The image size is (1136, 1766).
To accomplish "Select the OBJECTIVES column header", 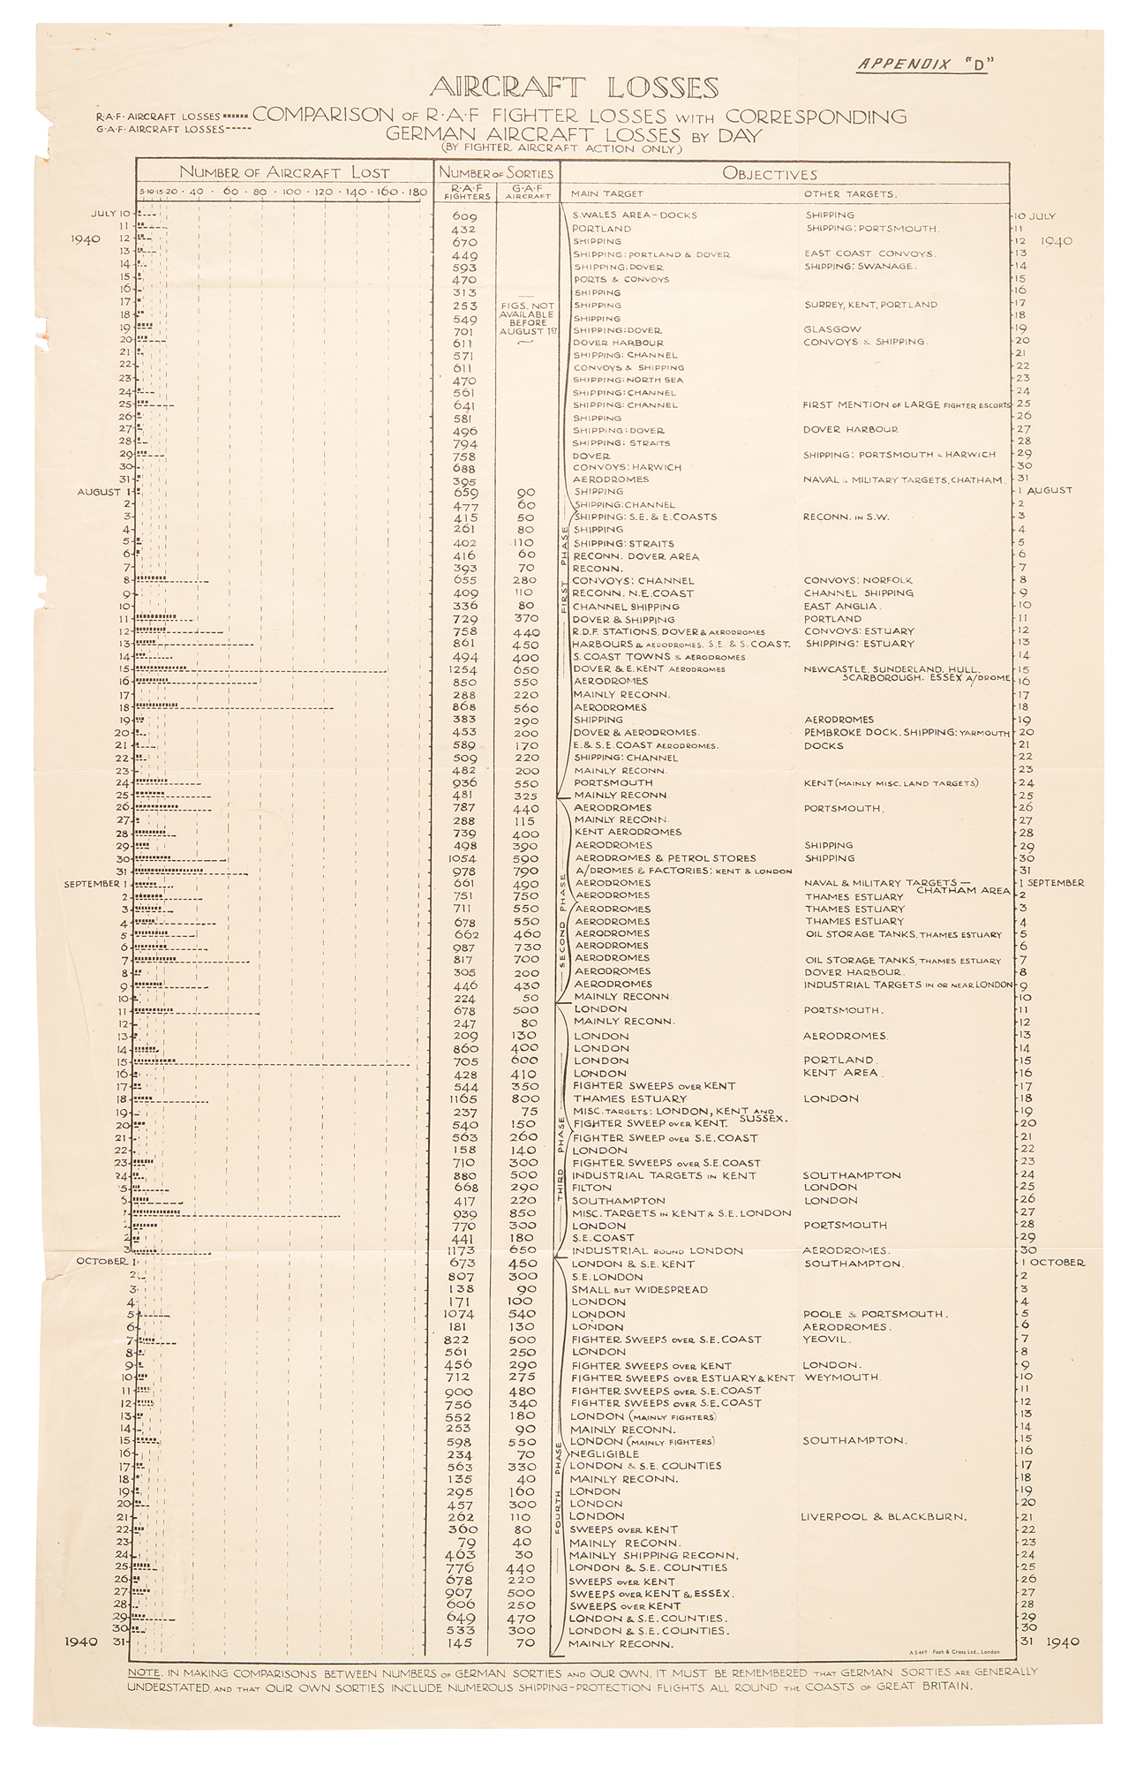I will point(770,174).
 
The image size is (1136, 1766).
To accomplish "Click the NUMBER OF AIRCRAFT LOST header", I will point(284,173).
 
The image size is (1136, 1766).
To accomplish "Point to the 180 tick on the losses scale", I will point(418,192).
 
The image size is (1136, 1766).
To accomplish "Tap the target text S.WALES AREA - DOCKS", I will point(635,215).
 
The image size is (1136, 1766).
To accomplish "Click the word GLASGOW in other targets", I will point(832,329).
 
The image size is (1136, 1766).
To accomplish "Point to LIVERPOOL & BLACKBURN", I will point(883,1517).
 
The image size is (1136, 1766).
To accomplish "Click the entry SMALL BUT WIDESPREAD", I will point(639,1289).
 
